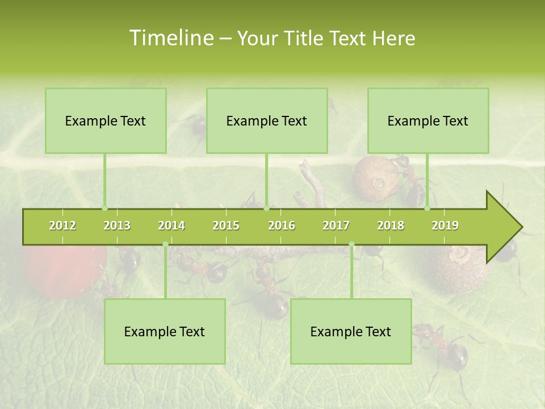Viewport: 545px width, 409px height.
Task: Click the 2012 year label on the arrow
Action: pyautogui.click(x=62, y=226)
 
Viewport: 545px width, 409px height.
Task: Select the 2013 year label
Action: pyautogui.click(x=117, y=226)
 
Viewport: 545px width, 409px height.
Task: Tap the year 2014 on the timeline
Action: pyautogui.click(x=171, y=226)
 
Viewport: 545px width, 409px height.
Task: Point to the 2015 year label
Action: pyautogui.click(x=226, y=226)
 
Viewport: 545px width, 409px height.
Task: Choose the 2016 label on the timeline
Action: pyautogui.click(x=282, y=226)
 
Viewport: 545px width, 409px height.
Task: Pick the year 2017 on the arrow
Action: pyautogui.click(x=336, y=226)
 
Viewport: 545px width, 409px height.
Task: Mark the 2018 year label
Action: pyautogui.click(x=391, y=226)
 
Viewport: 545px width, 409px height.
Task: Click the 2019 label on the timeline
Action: pyautogui.click(x=445, y=226)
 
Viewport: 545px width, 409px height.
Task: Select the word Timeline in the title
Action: pyautogui.click(x=171, y=38)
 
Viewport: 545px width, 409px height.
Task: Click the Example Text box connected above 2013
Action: pyautogui.click(x=106, y=120)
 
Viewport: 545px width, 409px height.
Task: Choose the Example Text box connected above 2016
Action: pyautogui.click(x=267, y=120)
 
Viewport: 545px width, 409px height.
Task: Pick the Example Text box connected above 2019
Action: pyautogui.click(x=428, y=120)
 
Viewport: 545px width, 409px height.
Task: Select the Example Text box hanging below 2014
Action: pyautogui.click(x=165, y=331)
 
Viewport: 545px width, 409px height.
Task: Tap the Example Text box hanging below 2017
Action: pyautogui.click(x=351, y=331)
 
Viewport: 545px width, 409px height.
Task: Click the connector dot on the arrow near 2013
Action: pyautogui.click(x=104, y=208)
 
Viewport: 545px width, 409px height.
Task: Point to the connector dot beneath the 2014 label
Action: pyautogui.click(x=165, y=245)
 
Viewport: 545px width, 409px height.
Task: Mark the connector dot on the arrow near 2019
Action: pyautogui.click(x=427, y=208)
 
